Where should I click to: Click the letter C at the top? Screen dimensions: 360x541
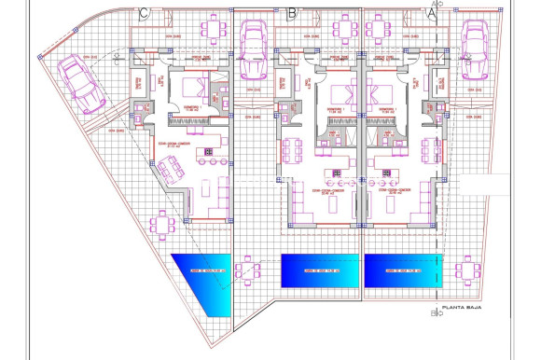pyautogui.click(x=143, y=13)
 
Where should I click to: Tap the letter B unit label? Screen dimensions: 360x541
pyautogui.click(x=292, y=13)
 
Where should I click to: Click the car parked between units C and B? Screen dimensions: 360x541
pyautogui.click(x=254, y=48)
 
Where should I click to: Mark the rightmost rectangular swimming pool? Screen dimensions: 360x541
pyautogui.click(x=402, y=271)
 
